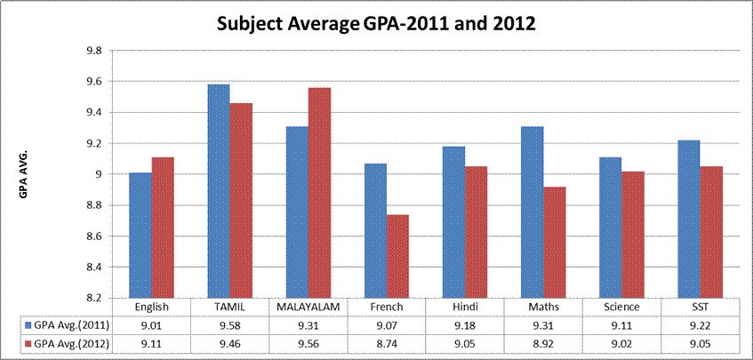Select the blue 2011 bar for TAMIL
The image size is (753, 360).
[x=218, y=191]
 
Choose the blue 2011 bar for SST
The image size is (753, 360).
[x=685, y=219]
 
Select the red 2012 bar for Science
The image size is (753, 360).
[x=632, y=235]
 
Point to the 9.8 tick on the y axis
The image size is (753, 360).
[x=91, y=51]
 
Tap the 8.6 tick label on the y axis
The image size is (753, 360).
[x=91, y=236]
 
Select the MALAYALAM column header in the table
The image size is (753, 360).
[x=308, y=307]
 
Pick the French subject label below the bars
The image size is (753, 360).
[x=387, y=307]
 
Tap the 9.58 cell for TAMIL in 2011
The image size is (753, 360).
[x=229, y=324]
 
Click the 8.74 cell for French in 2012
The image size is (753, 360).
[x=387, y=343]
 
